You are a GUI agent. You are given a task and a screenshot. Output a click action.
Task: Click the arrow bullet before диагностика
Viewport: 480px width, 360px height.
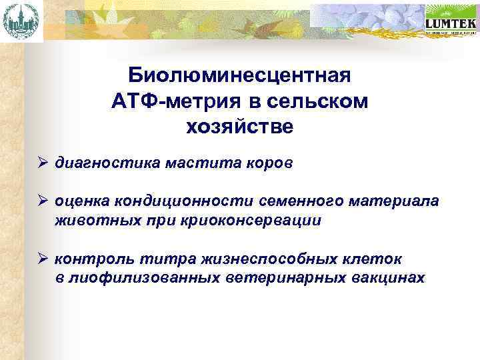(x=41, y=162)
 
